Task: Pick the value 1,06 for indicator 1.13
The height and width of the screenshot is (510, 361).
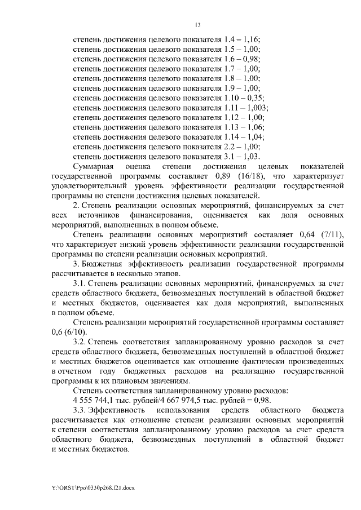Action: tap(256, 127)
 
